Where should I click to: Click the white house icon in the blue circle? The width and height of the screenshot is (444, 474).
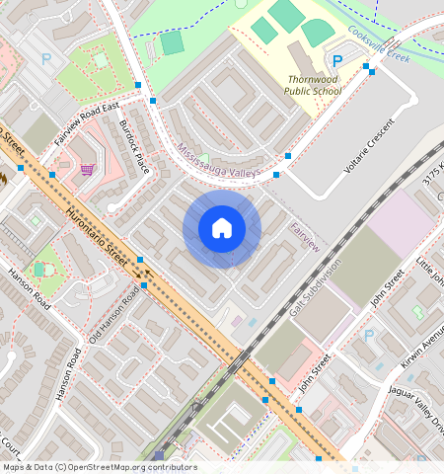click(x=222, y=229)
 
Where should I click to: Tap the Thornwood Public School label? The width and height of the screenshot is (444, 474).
click(x=313, y=85)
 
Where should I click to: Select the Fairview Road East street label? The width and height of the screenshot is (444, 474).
click(x=87, y=122)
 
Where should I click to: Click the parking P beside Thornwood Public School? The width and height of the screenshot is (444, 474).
click(x=337, y=61)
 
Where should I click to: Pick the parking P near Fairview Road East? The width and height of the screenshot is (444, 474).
click(x=46, y=59)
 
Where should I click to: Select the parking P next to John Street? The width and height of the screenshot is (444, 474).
click(x=368, y=336)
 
